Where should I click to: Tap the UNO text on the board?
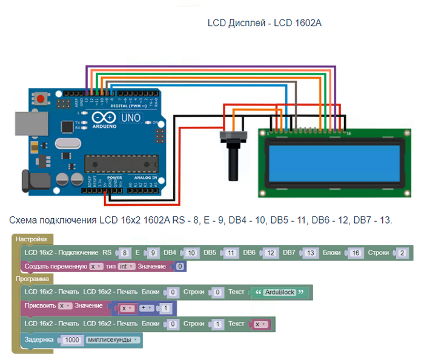pos(131,119)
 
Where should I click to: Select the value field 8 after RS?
pos(124,252)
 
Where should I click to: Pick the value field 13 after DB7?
pos(310,252)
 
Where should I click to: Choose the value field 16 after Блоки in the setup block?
pos(356,252)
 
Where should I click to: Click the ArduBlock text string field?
pos(279,292)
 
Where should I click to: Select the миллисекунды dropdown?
pos(112,340)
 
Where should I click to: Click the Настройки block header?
pos(31,239)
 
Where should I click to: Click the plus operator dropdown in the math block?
pos(147,308)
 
